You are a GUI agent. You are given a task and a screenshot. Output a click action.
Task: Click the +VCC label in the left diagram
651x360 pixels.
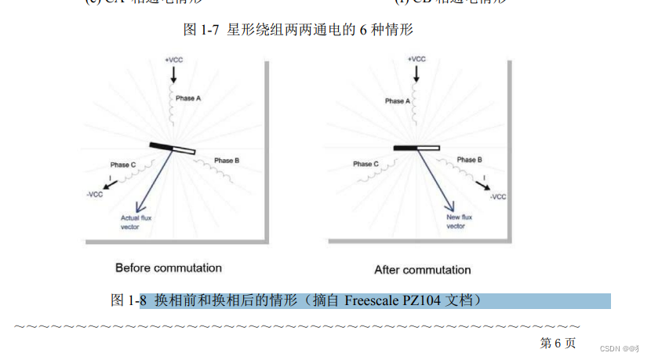tap(174, 60)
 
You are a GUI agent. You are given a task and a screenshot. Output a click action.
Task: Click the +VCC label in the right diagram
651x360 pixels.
tap(416, 59)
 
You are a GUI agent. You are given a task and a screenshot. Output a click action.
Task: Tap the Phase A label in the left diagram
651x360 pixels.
tap(190, 99)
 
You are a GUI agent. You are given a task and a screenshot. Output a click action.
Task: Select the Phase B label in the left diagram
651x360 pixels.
tap(227, 161)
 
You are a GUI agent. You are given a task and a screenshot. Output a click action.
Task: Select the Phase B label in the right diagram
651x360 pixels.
tap(469, 160)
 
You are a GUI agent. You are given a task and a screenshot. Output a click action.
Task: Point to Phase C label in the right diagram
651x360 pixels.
tap(366, 164)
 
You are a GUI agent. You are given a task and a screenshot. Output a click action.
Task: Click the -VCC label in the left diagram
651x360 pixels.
tap(96, 195)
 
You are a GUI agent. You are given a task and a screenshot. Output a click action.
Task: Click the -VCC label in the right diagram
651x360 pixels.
tap(498, 197)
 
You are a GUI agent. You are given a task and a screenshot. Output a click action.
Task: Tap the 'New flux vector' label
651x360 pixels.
tap(458, 221)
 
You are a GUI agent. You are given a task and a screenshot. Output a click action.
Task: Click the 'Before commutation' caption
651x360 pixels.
tap(169, 268)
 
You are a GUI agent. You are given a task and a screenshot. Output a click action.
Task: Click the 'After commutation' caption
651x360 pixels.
tap(423, 270)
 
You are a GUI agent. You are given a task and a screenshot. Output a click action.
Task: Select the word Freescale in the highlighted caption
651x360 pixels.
tap(373, 300)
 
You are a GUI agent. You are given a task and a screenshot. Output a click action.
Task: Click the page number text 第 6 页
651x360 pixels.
tap(558, 343)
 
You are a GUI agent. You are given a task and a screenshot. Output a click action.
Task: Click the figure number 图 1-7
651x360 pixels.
tap(199, 30)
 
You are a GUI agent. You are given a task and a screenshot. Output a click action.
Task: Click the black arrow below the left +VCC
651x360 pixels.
tap(174, 75)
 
